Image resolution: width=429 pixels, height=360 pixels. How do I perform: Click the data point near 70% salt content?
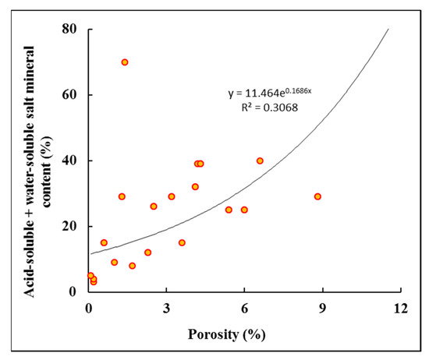pos(125,62)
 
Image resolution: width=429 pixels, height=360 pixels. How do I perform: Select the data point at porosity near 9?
pos(317,196)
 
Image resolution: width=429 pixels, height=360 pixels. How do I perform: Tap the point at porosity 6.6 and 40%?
pos(260,161)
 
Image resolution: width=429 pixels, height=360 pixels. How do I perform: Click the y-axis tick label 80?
pos(69,28)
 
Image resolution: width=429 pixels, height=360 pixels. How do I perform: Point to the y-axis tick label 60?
pos(69,94)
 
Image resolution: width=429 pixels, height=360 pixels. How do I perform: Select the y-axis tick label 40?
pos(69,161)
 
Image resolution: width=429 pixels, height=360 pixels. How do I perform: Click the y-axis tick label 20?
pos(69,226)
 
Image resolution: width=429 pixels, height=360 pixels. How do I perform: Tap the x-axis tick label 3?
pos(166,309)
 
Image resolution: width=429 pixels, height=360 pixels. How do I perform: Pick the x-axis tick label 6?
pos(244,309)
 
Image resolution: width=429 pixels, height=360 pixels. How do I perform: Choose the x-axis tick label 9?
pos(323,309)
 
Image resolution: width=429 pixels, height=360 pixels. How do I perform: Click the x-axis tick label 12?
pos(401,309)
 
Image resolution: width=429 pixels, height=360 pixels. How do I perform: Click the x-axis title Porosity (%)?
pos(226,335)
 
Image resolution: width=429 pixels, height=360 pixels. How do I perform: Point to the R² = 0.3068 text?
pos(270,108)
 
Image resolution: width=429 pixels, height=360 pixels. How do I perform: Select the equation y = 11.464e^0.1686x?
pos(270,93)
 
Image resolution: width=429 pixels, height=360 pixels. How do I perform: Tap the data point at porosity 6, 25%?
pos(244,210)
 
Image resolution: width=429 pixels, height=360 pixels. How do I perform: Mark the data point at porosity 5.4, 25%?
pos(229,210)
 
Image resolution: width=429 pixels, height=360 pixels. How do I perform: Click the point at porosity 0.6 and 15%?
pos(104,243)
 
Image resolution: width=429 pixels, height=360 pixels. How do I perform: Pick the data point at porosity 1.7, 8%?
pos(132,266)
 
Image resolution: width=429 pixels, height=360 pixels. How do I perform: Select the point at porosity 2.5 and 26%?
pos(154,206)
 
